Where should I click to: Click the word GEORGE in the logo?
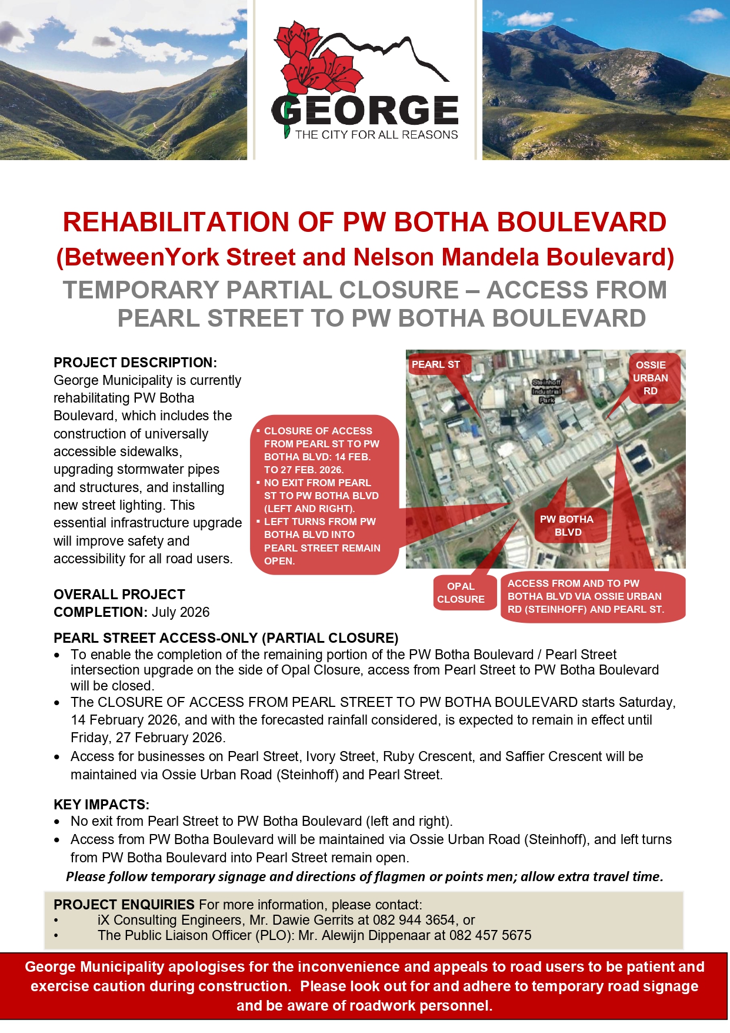click(365, 111)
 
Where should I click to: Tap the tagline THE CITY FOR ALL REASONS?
click(376, 135)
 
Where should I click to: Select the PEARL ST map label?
click(436, 364)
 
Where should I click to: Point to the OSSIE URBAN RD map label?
click(651, 378)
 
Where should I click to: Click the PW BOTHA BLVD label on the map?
click(567, 526)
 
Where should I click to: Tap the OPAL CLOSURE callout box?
click(461, 593)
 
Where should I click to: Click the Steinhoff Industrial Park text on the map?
click(546, 391)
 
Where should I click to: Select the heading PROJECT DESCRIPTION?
click(135, 363)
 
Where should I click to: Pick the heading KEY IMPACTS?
click(101, 805)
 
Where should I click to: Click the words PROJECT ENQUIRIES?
click(124, 905)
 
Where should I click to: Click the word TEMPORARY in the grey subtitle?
click(141, 290)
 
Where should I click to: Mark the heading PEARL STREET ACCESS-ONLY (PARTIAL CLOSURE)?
click(226, 638)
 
